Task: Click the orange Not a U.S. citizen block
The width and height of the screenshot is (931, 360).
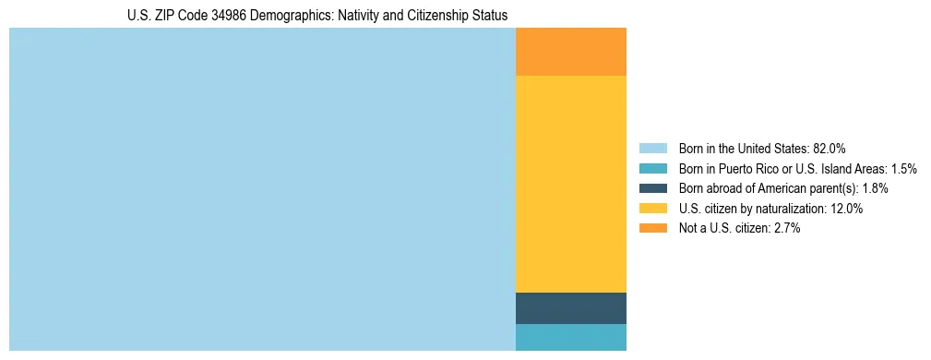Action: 570,52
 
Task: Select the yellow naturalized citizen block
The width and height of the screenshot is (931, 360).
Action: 570,184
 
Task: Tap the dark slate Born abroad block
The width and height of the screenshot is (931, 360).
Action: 570,308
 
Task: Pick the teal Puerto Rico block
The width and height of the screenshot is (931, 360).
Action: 570,337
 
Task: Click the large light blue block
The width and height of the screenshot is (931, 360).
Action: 262,189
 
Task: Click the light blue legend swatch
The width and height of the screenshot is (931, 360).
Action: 652,149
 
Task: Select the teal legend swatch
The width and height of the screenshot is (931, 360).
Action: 652,169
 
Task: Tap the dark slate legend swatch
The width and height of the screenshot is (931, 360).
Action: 652,188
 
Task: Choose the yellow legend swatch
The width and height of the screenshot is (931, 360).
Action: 652,209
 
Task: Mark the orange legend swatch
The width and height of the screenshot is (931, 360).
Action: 652,229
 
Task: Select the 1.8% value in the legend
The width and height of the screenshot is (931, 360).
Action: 875,188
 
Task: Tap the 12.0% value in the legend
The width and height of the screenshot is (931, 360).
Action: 846,209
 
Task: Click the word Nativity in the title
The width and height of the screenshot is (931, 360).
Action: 364,16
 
